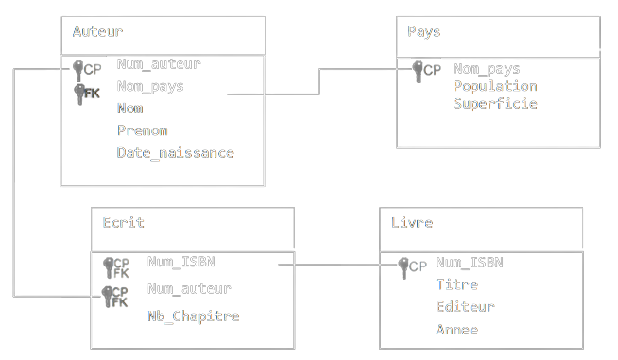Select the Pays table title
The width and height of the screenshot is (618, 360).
(x=423, y=31)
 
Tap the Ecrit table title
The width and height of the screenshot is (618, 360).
(x=123, y=223)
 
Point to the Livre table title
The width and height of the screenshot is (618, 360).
(x=411, y=223)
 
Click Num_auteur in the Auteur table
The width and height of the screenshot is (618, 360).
(x=159, y=64)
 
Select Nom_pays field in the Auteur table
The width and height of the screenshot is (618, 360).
(x=150, y=86)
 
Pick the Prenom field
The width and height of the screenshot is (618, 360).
(x=142, y=130)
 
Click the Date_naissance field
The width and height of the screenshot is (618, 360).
(x=175, y=152)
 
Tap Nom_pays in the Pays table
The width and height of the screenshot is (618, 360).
(x=487, y=68)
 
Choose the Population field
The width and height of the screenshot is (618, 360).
(x=495, y=86)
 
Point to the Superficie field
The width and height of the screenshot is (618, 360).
(x=495, y=103)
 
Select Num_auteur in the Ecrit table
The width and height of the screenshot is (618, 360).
(x=189, y=288)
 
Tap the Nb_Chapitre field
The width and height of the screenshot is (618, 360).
(x=193, y=316)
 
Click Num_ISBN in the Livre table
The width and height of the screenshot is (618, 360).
(x=469, y=263)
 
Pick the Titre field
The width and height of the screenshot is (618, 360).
(x=456, y=284)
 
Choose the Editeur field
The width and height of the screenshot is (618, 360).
(x=465, y=306)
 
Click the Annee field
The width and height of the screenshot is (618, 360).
(x=456, y=330)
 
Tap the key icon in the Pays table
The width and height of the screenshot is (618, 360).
(x=419, y=69)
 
